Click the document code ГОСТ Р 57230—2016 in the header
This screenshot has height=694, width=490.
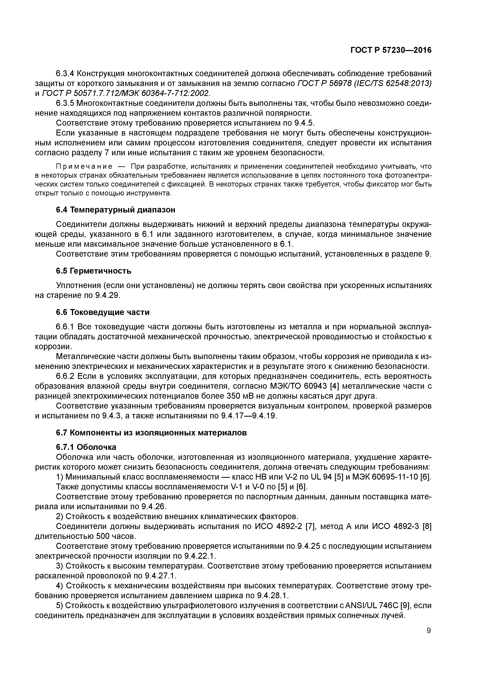(x=391, y=50)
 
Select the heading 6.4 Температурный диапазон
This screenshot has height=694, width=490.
(x=115, y=210)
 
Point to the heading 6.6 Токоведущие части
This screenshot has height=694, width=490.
(x=103, y=312)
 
